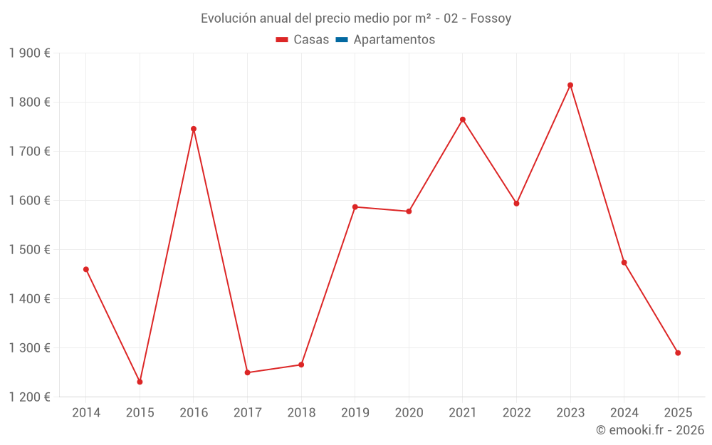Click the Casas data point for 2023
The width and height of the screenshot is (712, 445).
(x=570, y=85)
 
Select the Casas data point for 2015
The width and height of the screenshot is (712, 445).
(x=140, y=382)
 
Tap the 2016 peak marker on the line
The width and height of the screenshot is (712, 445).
(x=194, y=129)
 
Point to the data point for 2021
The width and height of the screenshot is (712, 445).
(x=463, y=120)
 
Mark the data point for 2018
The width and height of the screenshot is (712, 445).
(x=301, y=365)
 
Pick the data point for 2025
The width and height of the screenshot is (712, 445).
(x=678, y=352)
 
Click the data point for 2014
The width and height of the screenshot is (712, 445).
(x=86, y=269)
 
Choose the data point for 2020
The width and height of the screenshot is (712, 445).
(x=409, y=211)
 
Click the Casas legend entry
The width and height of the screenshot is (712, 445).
(x=303, y=40)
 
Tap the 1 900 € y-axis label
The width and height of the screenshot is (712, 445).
(x=29, y=53)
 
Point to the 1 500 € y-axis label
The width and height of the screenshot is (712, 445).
(x=29, y=250)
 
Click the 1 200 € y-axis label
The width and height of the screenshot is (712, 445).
(x=29, y=397)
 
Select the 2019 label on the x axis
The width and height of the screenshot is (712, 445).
(x=355, y=413)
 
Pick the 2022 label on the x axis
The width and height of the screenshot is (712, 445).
(x=516, y=413)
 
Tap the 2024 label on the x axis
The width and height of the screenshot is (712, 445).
(x=624, y=413)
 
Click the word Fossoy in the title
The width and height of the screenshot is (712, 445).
(x=491, y=19)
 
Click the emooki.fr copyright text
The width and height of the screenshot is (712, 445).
(x=650, y=430)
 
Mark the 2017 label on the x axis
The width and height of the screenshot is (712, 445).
(x=247, y=413)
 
